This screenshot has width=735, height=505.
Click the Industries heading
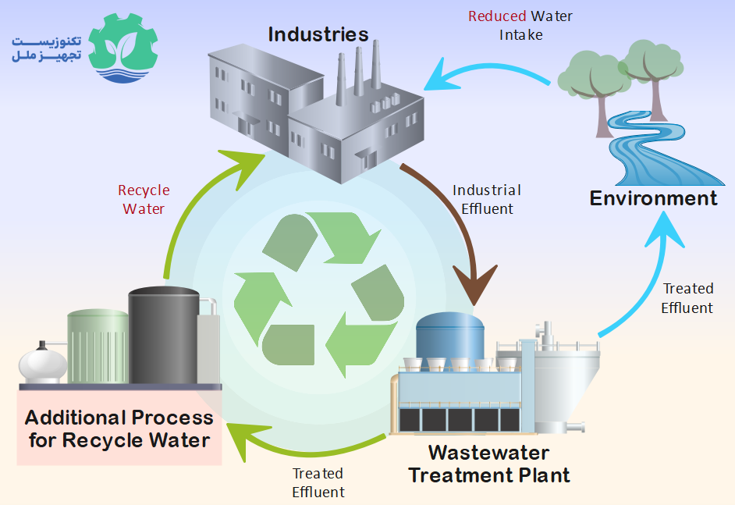click(318, 34)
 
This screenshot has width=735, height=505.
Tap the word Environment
click(653, 198)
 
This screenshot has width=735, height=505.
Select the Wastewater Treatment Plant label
click(489, 464)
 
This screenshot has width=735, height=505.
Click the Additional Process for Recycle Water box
click(119, 428)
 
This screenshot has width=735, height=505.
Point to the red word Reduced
click(497, 16)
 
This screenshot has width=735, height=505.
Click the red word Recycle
click(144, 190)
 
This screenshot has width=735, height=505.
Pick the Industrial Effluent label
click(487, 199)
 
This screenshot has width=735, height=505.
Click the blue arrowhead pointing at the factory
click(439, 77)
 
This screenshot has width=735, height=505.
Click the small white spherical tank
click(41, 362)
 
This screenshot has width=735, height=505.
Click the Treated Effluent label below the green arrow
click(318, 482)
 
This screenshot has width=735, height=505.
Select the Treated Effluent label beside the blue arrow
click(687, 298)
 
